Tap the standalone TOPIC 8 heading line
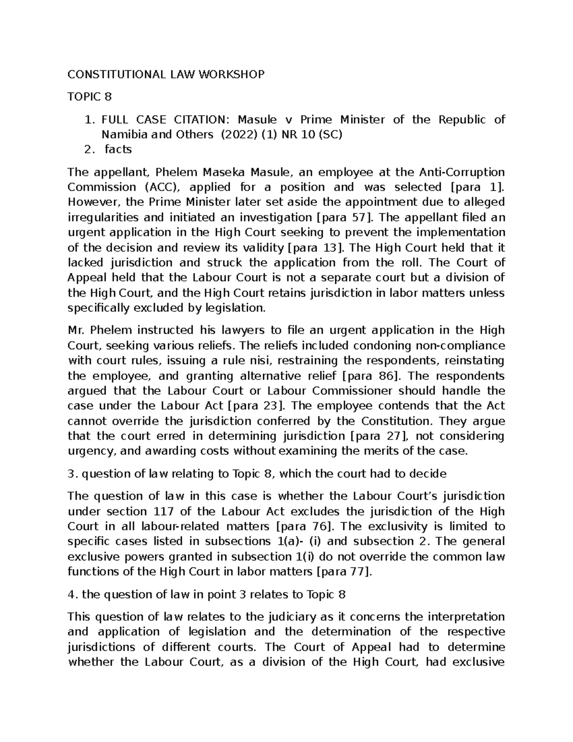[90, 97]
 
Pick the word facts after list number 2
[118, 150]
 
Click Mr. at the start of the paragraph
[76, 331]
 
